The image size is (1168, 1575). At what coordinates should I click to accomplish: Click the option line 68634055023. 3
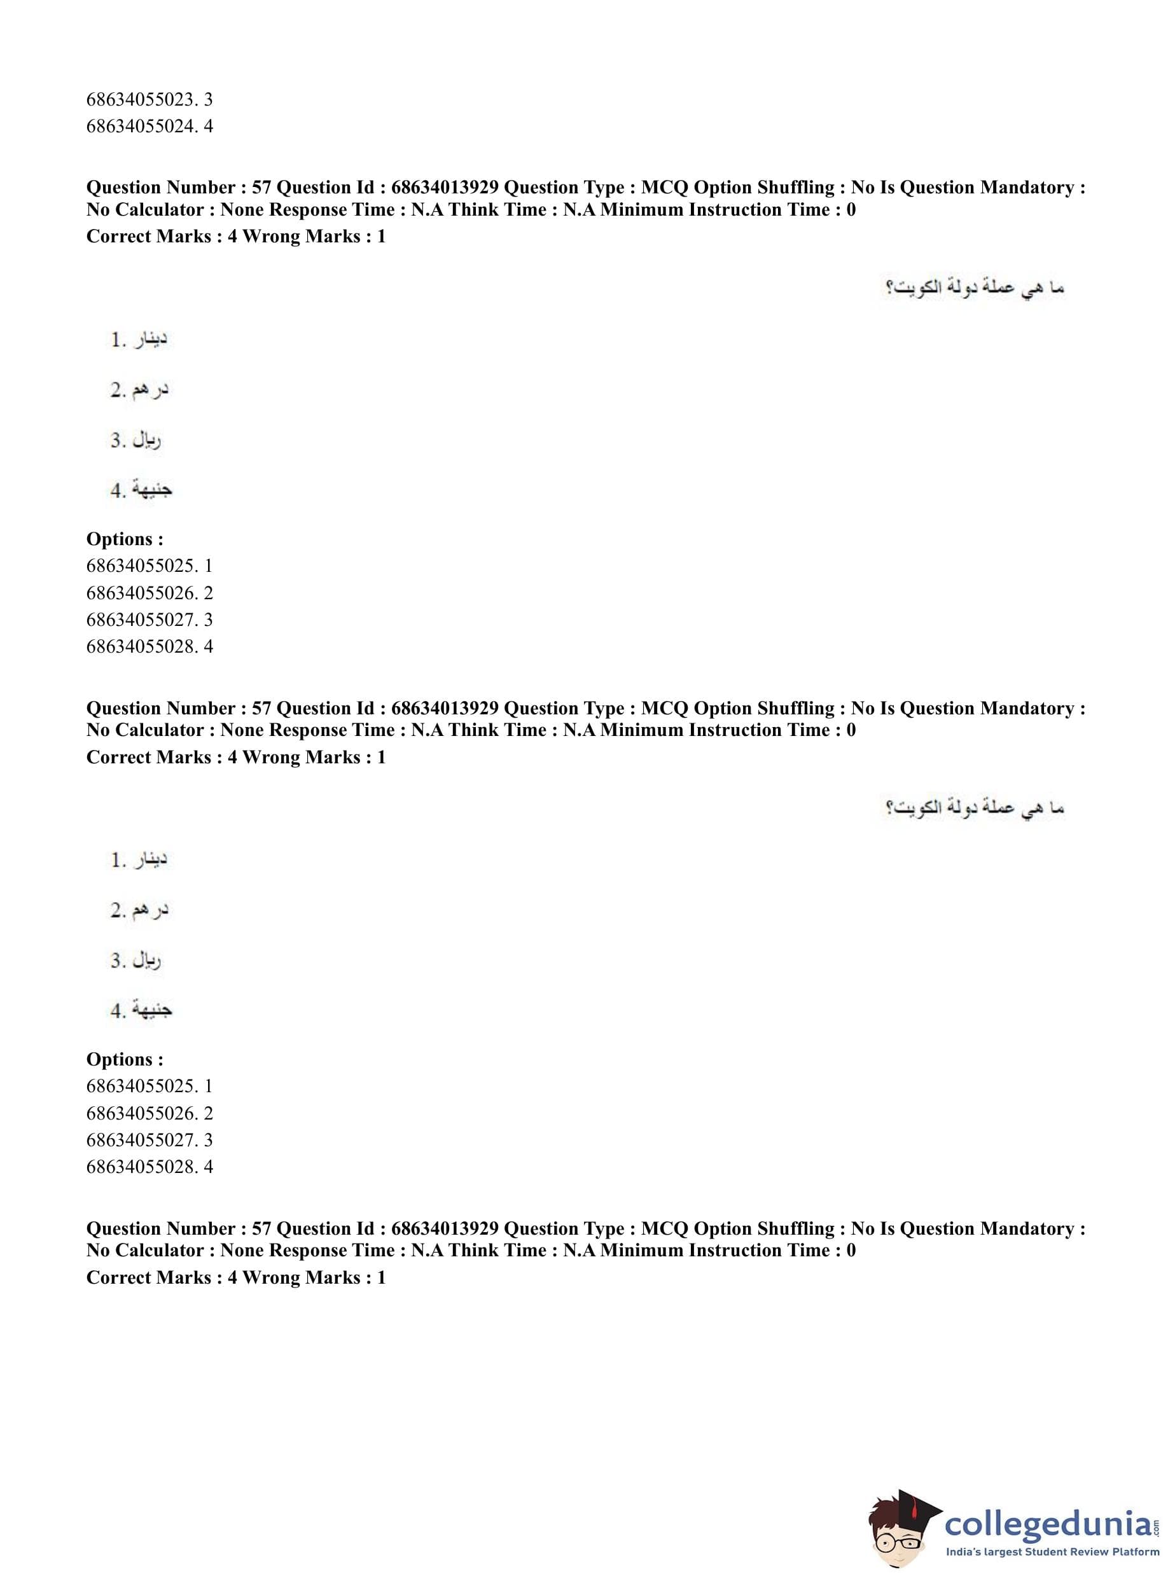pyautogui.click(x=149, y=99)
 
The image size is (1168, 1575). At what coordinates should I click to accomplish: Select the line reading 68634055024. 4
pyautogui.click(x=149, y=126)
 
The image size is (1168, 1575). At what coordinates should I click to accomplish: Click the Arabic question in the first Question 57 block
pyautogui.click(x=974, y=288)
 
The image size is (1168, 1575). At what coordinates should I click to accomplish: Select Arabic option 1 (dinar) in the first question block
pyautogui.click(x=139, y=340)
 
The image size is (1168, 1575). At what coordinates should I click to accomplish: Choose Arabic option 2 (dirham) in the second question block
pyautogui.click(x=140, y=910)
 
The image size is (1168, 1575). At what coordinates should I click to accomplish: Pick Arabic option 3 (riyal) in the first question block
pyautogui.click(x=136, y=440)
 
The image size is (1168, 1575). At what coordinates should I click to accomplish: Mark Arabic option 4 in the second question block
pyautogui.click(x=141, y=1010)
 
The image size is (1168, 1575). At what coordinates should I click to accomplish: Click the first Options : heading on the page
pyautogui.click(x=125, y=539)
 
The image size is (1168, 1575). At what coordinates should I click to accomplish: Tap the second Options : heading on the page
pyautogui.click(x=125, y=1059)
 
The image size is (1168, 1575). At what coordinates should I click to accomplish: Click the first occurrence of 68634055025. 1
pyautogui.click(x=149, y=565)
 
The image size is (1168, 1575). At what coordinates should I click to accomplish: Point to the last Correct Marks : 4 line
pyautogui.click(x=235, y=1277)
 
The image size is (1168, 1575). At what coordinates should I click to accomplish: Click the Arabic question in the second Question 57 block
pyautogui.click(x=974, y=807)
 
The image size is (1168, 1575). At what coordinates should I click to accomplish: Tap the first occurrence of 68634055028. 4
pyautogui.click(x=149, y=646)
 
